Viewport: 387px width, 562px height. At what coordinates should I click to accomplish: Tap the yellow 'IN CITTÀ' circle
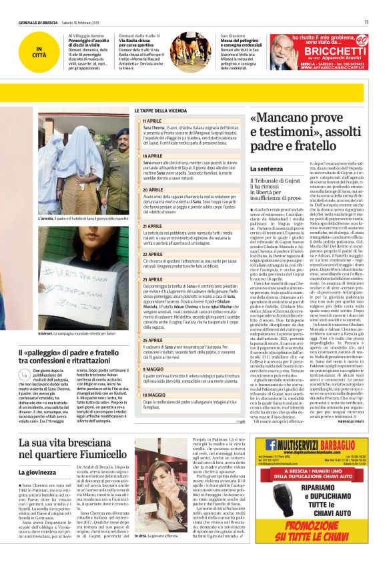coord(40,51)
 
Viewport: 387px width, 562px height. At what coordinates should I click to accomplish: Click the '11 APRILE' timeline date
coord(152,121)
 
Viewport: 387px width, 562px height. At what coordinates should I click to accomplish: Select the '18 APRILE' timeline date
coord(152,155)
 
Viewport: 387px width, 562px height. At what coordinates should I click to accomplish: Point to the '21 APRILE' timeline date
coord(152,226)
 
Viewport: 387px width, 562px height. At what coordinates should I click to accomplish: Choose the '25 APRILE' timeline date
coord(152,340)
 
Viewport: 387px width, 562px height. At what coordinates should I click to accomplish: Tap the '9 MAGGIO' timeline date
coord(151,369)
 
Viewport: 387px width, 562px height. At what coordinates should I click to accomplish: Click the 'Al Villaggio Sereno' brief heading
coord(85,35)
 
